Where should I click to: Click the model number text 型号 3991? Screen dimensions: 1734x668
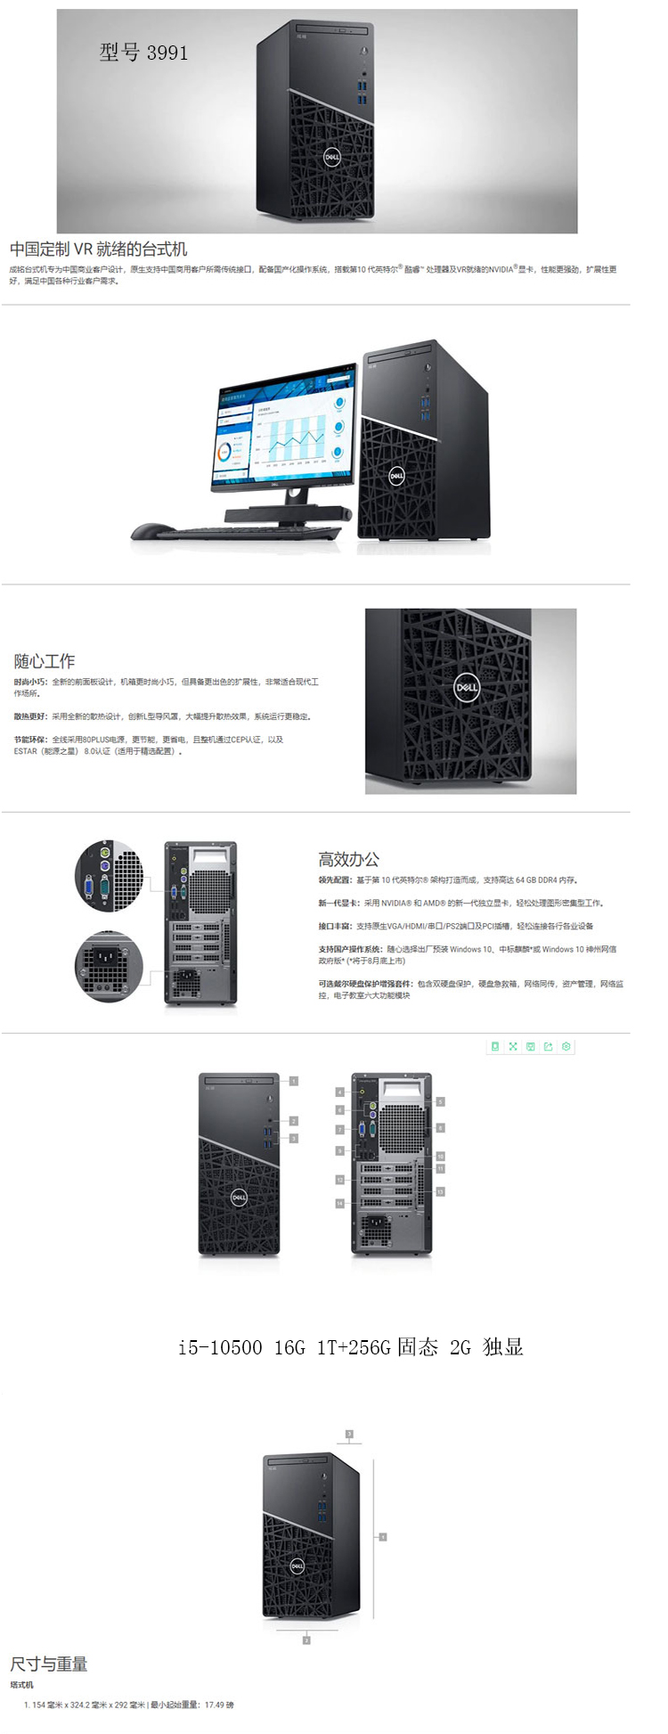143,53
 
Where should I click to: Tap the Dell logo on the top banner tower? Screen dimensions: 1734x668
331,157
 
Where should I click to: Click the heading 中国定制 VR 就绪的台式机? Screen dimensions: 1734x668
99,249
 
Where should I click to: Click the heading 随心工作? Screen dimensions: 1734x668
45,661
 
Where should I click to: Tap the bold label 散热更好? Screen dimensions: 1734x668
30,716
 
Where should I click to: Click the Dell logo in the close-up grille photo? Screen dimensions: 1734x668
467,687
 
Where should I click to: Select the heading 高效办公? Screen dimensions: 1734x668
349,859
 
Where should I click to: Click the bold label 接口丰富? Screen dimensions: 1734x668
335,927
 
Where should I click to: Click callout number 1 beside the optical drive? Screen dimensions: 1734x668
293,1081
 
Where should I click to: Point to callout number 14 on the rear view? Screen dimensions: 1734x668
339,1204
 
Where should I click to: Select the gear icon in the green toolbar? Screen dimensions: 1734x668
566,1047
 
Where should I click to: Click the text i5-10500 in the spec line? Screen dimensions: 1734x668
219,1347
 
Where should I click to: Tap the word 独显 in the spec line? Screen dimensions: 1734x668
503,1347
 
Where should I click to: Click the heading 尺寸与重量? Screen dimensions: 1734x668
49,1664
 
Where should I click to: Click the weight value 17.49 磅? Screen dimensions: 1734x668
219,1705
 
